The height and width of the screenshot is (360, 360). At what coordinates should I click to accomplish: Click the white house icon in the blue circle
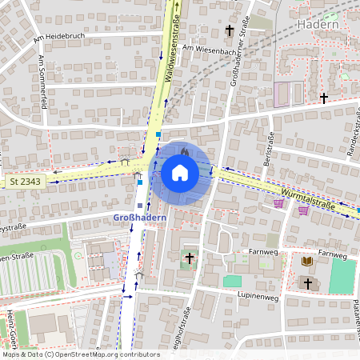180,172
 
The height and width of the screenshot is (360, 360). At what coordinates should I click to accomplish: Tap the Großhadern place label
138,217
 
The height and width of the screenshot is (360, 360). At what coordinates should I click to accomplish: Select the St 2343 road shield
25,182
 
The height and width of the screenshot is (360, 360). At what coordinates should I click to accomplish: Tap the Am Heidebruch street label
59,38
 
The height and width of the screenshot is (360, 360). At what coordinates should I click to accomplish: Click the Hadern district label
318,24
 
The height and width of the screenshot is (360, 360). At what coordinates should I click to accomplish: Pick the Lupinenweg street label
258,294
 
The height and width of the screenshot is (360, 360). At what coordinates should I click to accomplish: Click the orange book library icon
307,261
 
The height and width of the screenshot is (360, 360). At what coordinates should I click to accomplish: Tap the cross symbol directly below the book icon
307,282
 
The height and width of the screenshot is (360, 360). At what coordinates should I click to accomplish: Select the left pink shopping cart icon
278,202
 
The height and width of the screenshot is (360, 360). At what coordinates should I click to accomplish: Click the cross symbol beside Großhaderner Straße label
230,30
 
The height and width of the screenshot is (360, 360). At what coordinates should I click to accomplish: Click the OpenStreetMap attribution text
80,354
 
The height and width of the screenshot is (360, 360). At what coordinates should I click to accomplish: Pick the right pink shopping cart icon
303,210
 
